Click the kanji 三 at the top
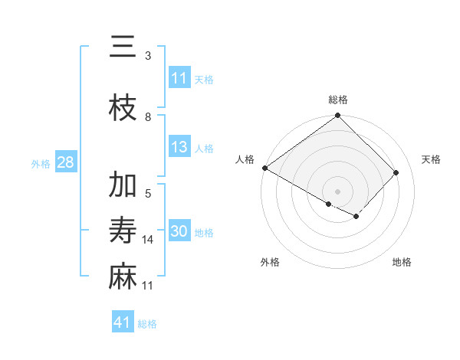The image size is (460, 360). pyautogui.click(x=123, y=47)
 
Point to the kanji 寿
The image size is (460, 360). pyautogui.click(x=123, y=231)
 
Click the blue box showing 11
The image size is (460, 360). pyautogui.click(x=179, y=78)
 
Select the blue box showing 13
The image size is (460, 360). pyautogui.click(x=179, y=147)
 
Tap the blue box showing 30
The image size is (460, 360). pyautogui.click(x=179, y=231)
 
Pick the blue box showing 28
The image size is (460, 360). pyautogui.click(x=64, y=162)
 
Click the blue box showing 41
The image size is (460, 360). pyautogui.click(x=123, y=322)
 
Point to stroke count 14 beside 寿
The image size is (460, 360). pyautogui.click(x=148, y=240)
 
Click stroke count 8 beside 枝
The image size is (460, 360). pyautogui.click(x=148, y=117)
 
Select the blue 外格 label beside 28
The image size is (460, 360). pyautogui.click(x=41, y=163)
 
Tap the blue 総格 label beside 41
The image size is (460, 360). pyautogui.click(x=147, y=324)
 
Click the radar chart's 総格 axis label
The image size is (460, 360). pyautogui.click(x=338, y=100)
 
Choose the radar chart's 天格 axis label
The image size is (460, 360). pyautogui.click(x=432, y=159)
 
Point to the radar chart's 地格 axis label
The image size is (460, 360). pyautogui.click(x=402, y=262)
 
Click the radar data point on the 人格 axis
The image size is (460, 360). pyautogui.click(x=264, y=168)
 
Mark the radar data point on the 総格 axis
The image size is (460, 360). pyautogui.click(x=338, y=116)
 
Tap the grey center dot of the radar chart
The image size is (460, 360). pyautogui.click(x=338, y=191)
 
